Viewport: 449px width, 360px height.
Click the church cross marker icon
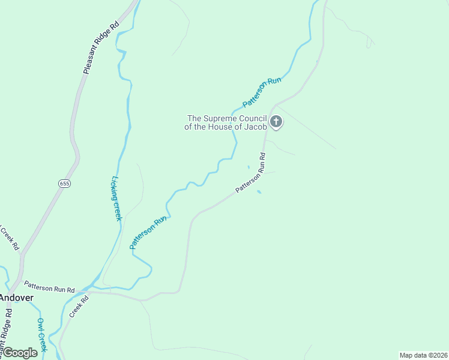click(x=276, y=122)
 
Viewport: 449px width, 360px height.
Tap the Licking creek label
click(x=117, y=198)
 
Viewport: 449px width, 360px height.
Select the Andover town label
click(x=16, y=297)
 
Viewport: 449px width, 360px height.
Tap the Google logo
click(x=19, y=353)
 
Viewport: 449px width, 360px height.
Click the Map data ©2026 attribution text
click(x=423, y=355)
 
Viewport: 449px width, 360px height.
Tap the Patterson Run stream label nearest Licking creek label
click(x=147, y=233)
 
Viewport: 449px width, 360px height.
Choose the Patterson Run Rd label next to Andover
click(x=49, y=287)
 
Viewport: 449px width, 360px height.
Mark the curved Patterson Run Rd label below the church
click(x=251, y=173)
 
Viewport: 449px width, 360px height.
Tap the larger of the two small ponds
click(x=259, y=192)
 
